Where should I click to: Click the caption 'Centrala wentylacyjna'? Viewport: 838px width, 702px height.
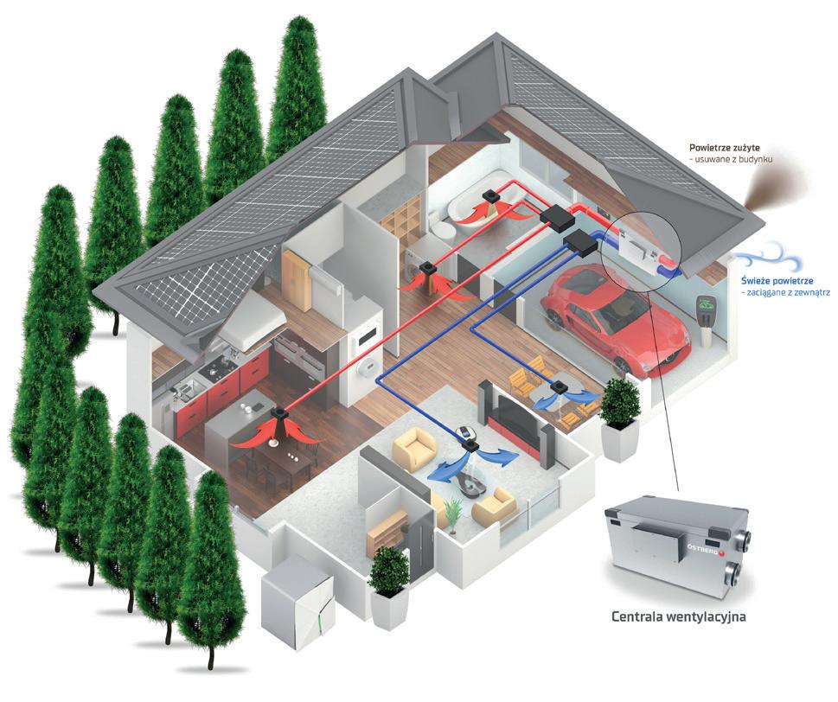coord(679,618)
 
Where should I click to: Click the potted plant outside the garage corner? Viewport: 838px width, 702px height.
coord(619,415)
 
